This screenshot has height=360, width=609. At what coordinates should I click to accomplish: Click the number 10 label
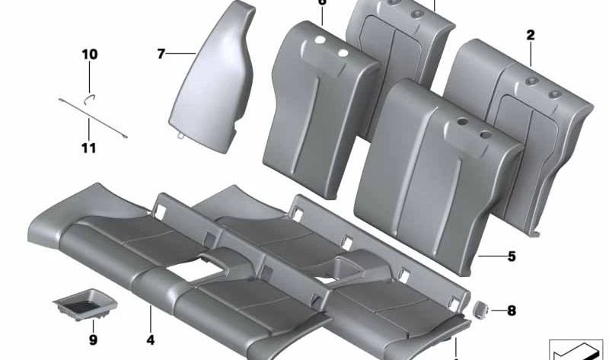(x=90, y=55)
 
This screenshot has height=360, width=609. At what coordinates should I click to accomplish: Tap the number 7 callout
(x=161, y=54)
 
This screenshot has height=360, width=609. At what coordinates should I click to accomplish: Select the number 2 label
(x=530, y=34)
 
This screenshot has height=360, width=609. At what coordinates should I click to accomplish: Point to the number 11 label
(x=89, y=148)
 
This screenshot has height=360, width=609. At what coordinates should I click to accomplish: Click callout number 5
(x=512, y=256)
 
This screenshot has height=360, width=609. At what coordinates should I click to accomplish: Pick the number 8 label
(x=511, y=310)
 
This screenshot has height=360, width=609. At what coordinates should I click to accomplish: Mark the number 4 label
(x=151, y=339)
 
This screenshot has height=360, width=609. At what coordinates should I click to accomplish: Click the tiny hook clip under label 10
(x=89, y=96)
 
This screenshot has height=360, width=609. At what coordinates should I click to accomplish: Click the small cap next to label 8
(x=481, y=308)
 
